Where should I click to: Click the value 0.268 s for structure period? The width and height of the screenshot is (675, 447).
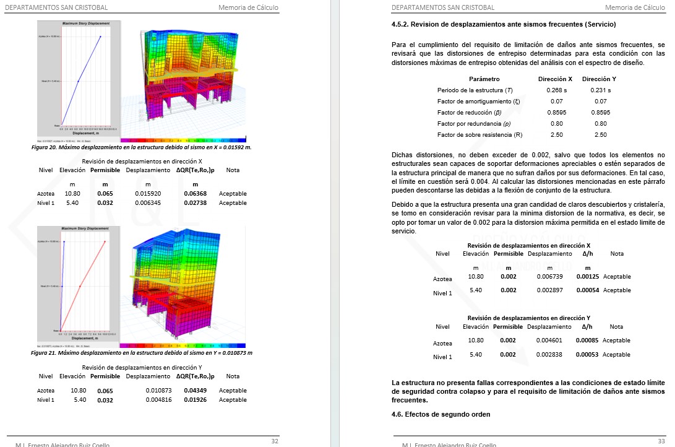tap(557, 90)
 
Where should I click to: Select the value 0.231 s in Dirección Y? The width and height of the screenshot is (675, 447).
tap(600, 90)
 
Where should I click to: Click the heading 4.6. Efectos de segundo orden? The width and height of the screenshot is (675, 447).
tap(441, 414)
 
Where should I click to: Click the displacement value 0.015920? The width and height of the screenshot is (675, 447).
tap(148, 194)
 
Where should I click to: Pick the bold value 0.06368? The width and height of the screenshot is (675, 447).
tap(195, 194)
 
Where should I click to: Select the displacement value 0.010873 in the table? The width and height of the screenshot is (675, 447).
tap(158, 391)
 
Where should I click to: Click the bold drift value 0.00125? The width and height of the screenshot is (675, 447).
tap(587, 277)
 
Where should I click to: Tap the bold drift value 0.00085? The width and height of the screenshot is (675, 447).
tap(587, 341)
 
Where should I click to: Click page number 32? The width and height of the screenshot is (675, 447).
tap(275, 441)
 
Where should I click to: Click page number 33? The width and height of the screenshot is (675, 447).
tap(661, 441)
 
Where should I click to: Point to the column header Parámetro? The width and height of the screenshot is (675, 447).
tap(484, 79)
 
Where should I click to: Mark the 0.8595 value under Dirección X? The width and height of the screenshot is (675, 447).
tap(557, 113)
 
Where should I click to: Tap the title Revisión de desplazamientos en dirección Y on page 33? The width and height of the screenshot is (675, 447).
tap(528, 318)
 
